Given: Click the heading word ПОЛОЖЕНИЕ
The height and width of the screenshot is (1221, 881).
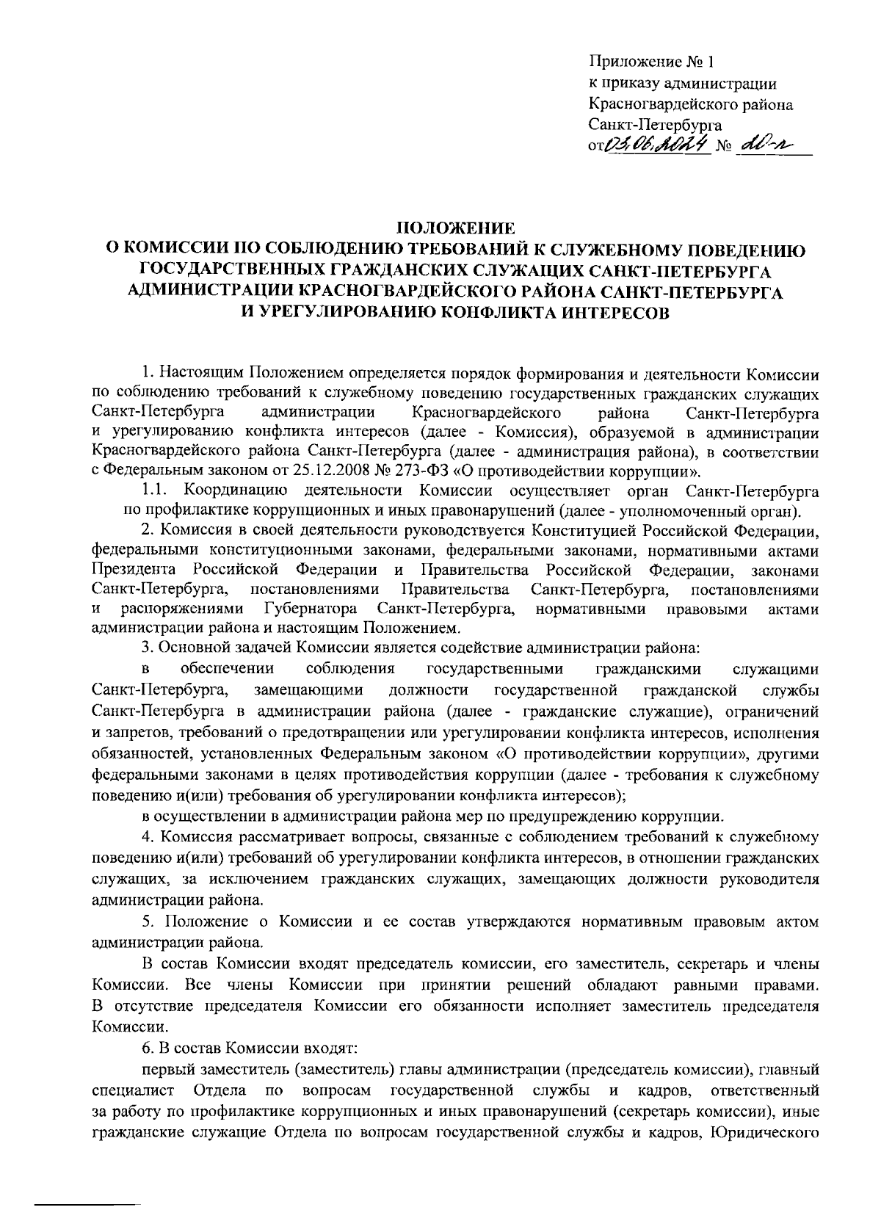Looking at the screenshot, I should pos(456,227).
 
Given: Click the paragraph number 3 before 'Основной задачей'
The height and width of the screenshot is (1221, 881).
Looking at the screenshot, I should pos(146,648).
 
